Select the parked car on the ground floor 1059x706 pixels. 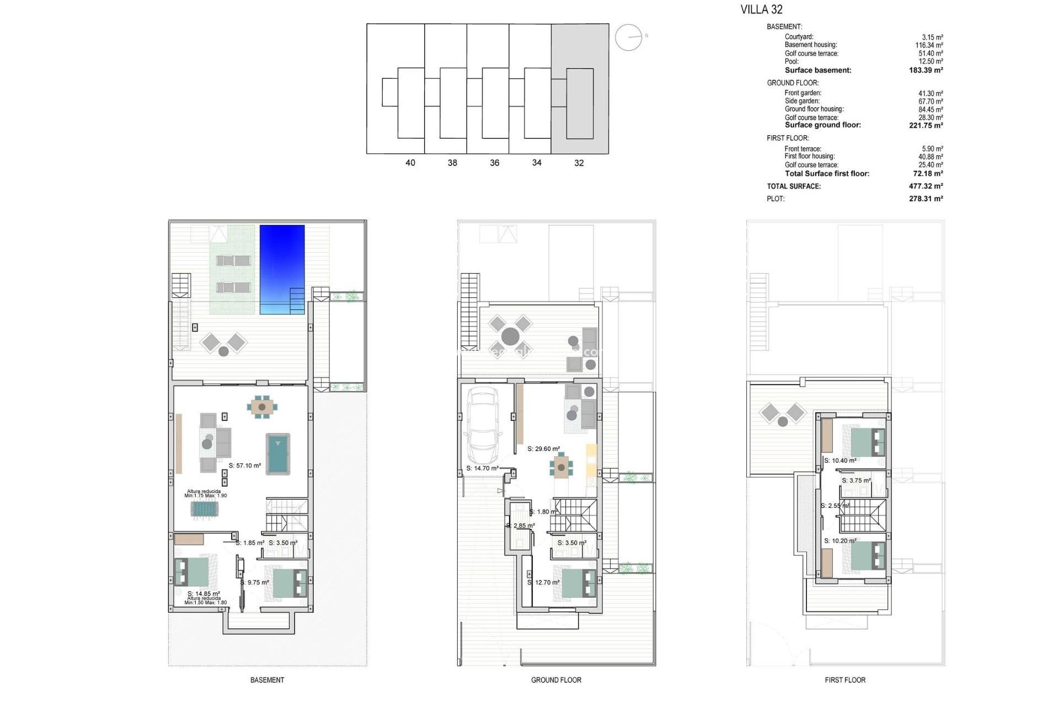pyautogui.click(x=483, y=425)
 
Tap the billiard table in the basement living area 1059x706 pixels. pyautogui.click(x=278, y=454)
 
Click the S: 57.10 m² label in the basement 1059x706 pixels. pyautogui.click(x=245, y=466)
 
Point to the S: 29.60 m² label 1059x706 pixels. pyautogui.click(x=544, y=449)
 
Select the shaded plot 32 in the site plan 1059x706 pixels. pyautogui.click(x=580, y=88)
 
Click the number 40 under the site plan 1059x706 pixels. pyautogui.click(x=410, y=163)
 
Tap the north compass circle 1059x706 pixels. pyautogui.click(x=629, y=38)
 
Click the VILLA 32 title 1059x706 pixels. pyautogui.click(x=761, y=9)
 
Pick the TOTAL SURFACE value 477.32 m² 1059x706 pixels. pyautogui.click(x=926, y=186)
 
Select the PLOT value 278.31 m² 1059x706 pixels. pyautogui.click(x=926, y=199)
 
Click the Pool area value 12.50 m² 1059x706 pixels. pyautogui.click(x=930, y=61)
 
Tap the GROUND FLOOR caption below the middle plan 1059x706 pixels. pyautogui.click(x=556, y=680)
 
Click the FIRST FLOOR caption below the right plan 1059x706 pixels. pyautogui.click(x=845, y=680)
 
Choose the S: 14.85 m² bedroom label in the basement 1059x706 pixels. pyautogui.click(x=204, y=594)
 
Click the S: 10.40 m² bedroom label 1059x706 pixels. pyautogui.click(x=840, y=461)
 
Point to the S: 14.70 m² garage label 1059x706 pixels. pyautogui.click(x=483, y=468)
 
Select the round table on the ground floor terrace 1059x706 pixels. pyautogui.click(x=510, y=336)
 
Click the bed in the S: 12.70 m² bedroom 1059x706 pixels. pyautogui.click(x=579, y=583)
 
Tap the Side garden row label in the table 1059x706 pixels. pyautogui.click(x=802, y=101)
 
